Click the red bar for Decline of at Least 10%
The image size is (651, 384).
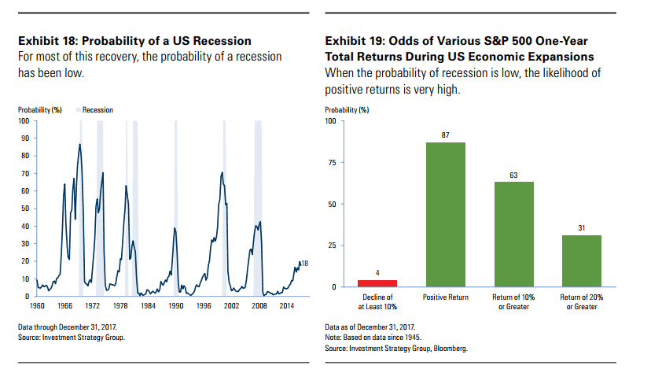point(377,283)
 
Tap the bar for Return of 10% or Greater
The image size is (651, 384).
point(513,234)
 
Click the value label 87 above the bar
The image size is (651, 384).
point(445,135)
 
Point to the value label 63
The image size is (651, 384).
point(513,175)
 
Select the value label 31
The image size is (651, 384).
point(581,228)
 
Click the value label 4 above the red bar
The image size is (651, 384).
point(377,273)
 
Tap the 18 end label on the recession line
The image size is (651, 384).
point(305,263)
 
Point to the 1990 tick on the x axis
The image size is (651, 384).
point(177,305)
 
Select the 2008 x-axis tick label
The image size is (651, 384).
point(259,305)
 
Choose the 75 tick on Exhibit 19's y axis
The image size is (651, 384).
point(331,163)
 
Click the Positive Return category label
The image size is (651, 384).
point(445,297)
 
